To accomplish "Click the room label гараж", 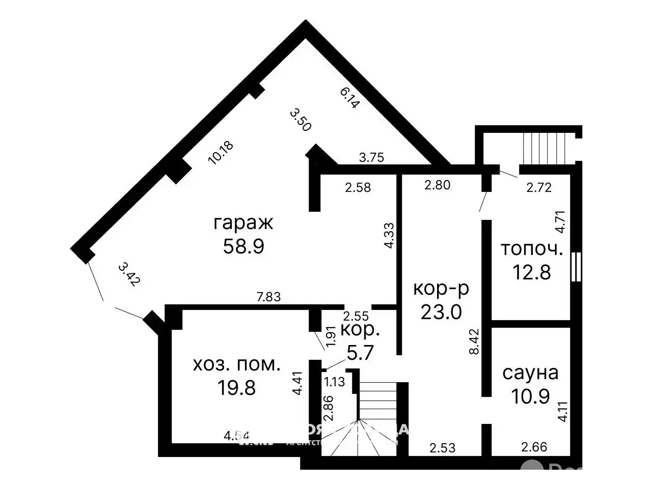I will pos(243,223).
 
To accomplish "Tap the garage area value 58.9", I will pos(243,247).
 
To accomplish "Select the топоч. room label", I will pos(531,249).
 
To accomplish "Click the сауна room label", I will pos(530,372).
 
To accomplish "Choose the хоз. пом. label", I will pos(236,364).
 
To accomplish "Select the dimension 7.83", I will pos(268,297).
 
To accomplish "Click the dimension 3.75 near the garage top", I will pos(371,158).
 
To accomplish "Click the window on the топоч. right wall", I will pos(576,266).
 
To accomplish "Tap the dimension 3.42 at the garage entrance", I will pos(128,275).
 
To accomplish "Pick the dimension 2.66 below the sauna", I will pos(534,447).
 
